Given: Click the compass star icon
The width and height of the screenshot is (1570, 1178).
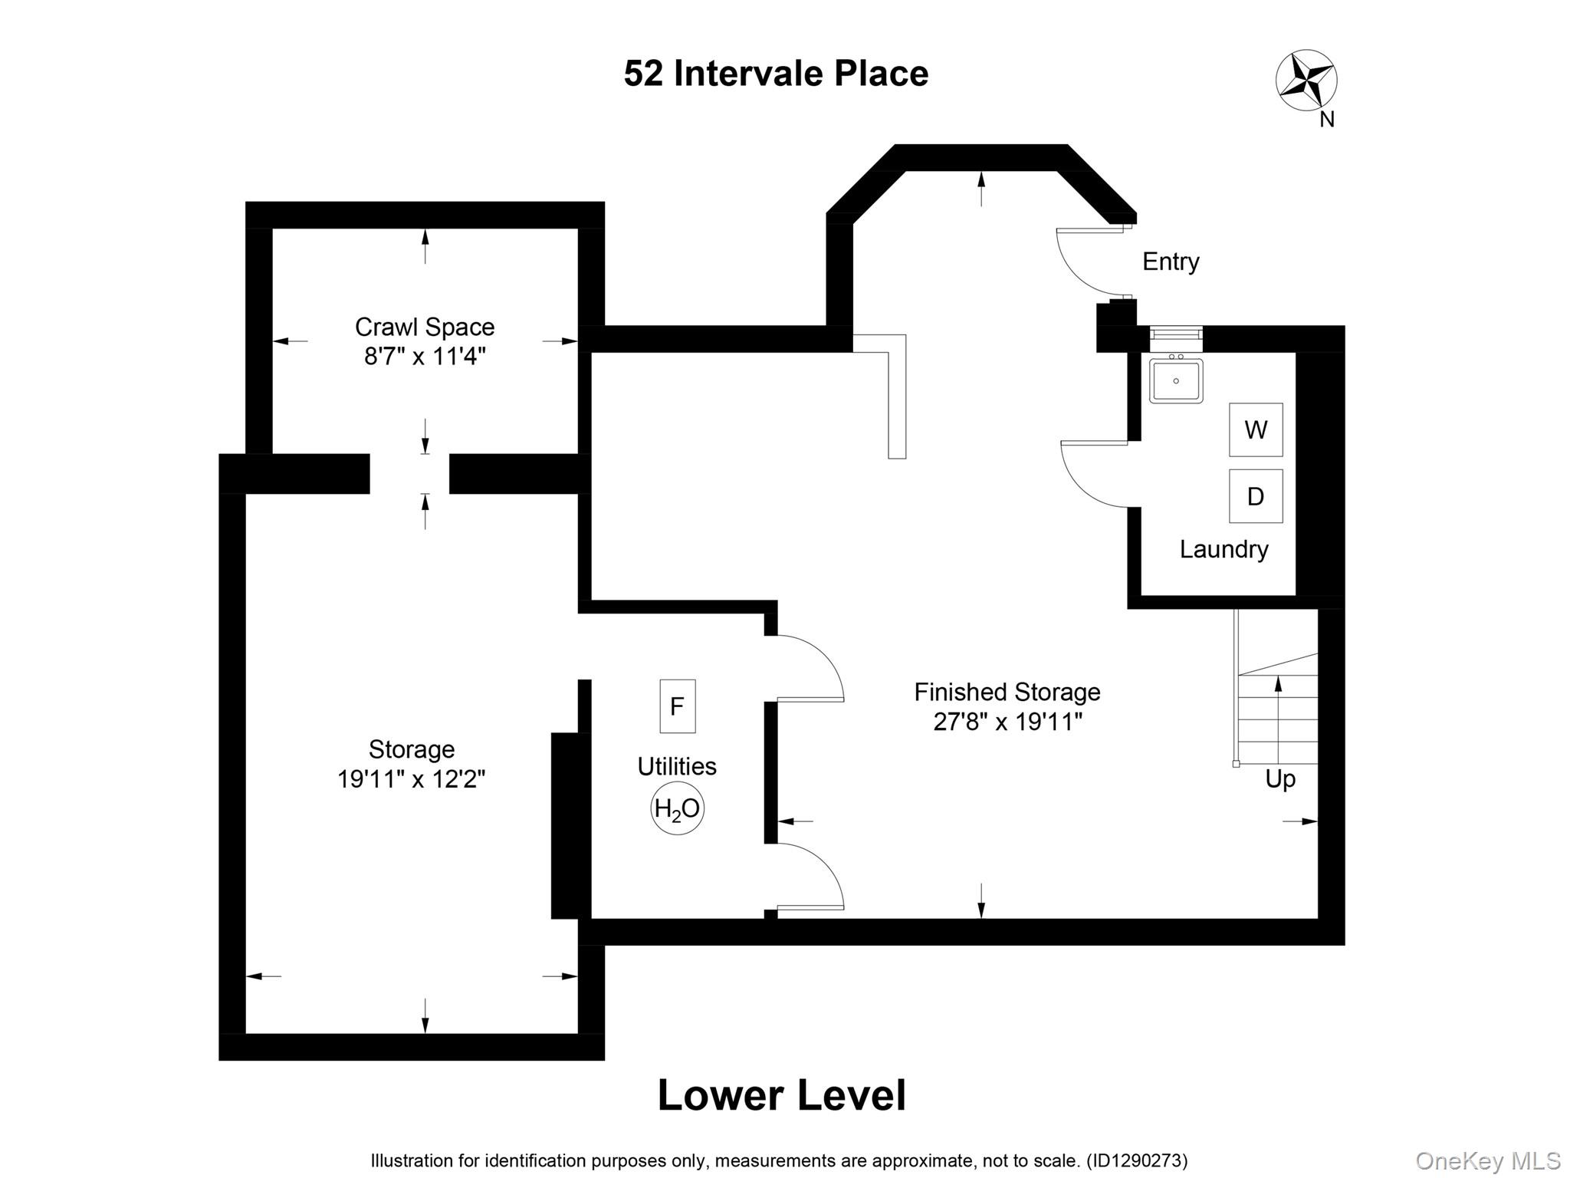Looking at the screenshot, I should coord(1306,80).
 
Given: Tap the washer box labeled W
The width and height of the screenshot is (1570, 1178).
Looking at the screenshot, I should coord(1255,429).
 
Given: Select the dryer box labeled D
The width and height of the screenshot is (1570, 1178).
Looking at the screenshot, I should coord(1255,496).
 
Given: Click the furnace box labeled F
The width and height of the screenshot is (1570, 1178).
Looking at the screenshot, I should coord(677,706).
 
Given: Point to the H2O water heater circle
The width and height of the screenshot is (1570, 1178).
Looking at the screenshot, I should coord(677,808).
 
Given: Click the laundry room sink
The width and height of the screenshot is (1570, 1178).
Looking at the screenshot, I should coord(1175,380).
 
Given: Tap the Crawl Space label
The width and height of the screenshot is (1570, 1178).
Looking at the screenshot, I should coord(424,327).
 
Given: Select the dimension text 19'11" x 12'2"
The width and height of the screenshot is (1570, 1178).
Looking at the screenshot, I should coord(411,779).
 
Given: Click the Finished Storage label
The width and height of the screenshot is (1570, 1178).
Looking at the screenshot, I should coord(1007,693).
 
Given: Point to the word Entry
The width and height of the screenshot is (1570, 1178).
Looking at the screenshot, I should coord(1170,262).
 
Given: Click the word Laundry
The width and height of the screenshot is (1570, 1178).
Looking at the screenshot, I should coord(1223,549).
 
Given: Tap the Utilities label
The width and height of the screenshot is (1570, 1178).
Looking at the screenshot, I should coord(677,766).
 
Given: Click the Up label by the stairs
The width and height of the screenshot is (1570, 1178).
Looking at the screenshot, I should coord(1279,779).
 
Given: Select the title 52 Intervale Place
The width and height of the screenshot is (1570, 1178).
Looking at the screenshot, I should coord(776,74).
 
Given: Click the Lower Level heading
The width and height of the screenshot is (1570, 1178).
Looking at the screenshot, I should coord(781,1095).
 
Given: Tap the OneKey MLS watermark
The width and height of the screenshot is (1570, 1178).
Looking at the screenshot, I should coord(1487,1161).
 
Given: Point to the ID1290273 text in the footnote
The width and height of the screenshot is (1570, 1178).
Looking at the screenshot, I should coord(1137,1161).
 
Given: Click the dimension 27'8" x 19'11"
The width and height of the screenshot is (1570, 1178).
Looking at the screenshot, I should coord(1007,722).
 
